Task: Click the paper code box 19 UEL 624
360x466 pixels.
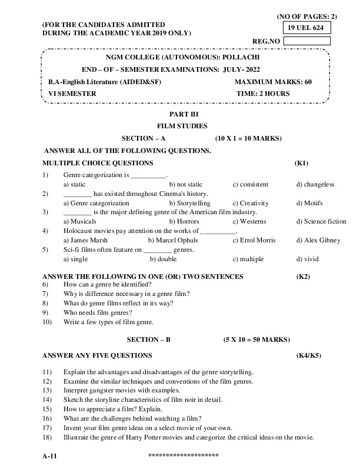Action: [x=306, y=28]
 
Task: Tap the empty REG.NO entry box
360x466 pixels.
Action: [x=306, y=41]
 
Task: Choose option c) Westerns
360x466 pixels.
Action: [x=249, y=221]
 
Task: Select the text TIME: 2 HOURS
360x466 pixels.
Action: [x=262, y=94]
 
